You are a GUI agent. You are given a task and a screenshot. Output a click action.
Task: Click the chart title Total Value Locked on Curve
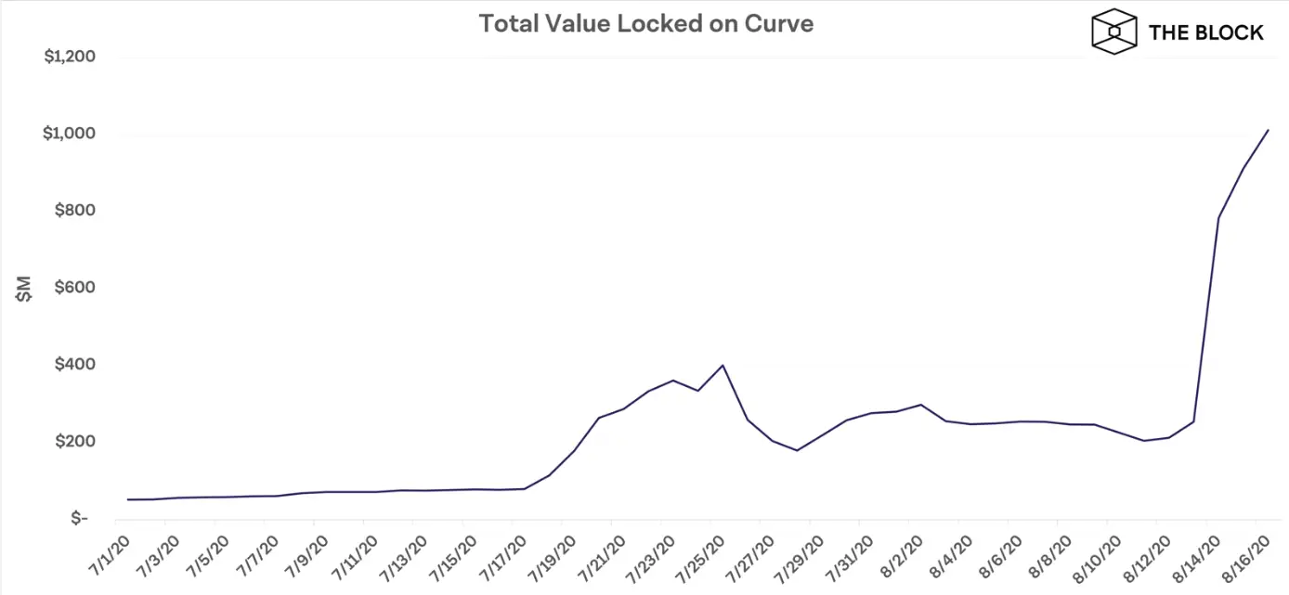point(645,23)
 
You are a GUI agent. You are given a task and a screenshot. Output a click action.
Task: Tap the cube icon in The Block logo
point(1113,32)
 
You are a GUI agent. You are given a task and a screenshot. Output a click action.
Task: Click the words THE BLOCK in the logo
point(1205,32)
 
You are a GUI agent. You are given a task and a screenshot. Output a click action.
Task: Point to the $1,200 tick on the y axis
point(71,58)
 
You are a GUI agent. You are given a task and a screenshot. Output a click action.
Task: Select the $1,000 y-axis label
point(71,134)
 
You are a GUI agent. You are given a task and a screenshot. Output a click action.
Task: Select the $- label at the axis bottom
point(83,518)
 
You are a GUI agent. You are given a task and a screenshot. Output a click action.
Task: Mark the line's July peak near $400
point(723,365)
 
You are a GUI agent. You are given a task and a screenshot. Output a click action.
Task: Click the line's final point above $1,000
point(1268,130)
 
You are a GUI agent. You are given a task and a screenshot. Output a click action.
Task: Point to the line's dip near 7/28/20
point(797,450)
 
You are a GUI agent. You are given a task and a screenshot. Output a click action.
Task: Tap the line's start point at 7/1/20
point(128,499)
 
